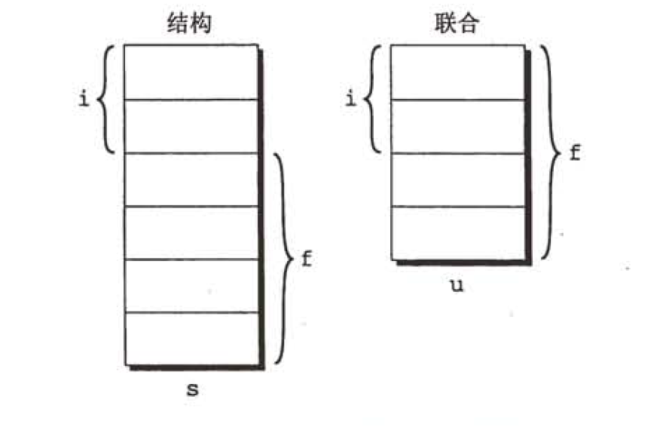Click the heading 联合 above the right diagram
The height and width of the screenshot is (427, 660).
[x=457, y=23]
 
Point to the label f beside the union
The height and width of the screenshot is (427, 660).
[x=574, y=153]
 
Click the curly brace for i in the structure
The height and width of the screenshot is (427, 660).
[x=108, y=99]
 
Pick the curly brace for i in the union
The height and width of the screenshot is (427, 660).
[x=373, y=99]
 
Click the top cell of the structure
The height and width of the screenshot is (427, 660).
[x=191, y=72]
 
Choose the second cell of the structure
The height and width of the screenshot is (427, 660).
[x=191, y=126]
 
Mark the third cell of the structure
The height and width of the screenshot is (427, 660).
[x=191, y=180]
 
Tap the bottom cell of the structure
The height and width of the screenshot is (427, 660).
[x=191, y=339]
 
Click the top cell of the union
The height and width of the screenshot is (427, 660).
[x=457, y=72]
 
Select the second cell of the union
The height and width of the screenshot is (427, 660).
[x=457, y=126]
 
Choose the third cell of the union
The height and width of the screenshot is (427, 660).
[x=457, y=180]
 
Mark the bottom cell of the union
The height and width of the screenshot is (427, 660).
[x=457, y=232]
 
